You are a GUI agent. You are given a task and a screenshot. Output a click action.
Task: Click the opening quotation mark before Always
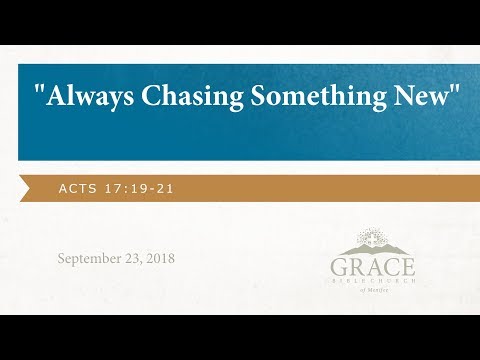40,92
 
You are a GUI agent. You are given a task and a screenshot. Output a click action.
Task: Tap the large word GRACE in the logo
371,268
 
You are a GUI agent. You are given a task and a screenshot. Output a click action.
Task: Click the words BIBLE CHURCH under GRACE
371,283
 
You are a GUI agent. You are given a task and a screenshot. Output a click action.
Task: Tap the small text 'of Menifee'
371,292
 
